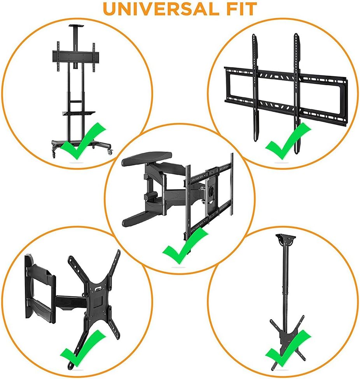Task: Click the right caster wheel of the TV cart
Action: tap(110, 152)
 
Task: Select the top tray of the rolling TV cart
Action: tap(77, 26)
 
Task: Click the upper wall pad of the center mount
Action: tap(147, 158)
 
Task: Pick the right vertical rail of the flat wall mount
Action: tap(297, 93)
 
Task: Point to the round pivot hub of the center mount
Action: tap(211, 190)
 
